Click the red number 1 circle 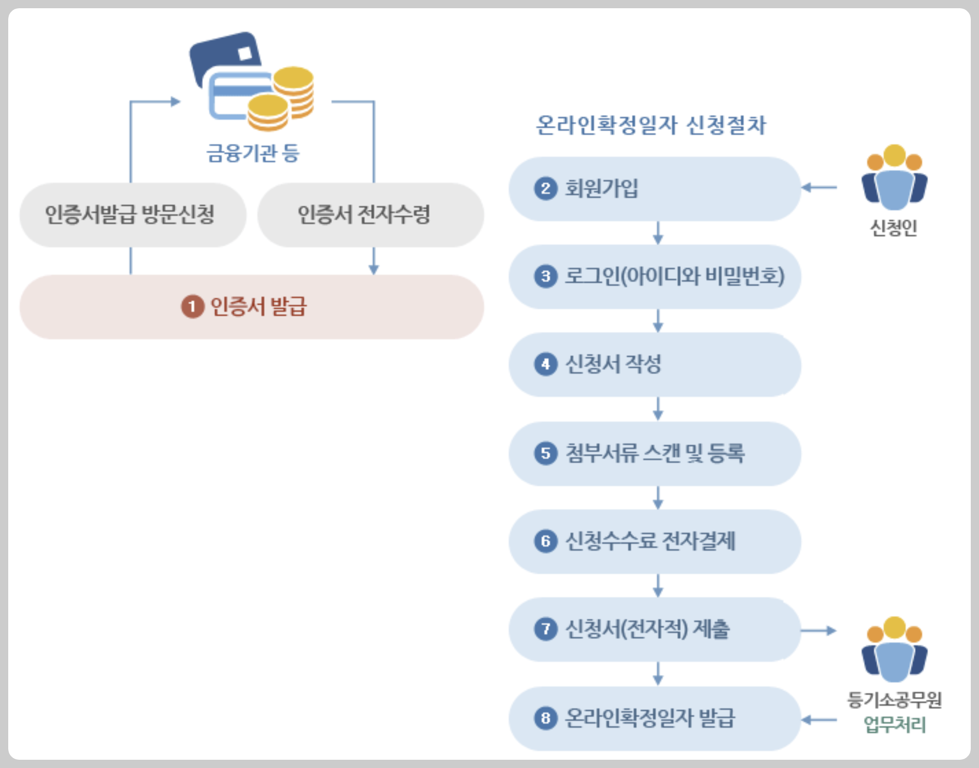pos(193,307)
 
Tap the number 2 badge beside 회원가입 pos(546,189)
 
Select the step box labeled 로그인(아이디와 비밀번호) pos(654,277)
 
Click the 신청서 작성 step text pos(613,365)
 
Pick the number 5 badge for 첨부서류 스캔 pos(546,453)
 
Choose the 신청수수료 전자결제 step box pos(654,542)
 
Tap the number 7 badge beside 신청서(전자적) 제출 pos(546,629)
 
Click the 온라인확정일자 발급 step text pos(649,718)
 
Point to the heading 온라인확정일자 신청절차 pos(650,126)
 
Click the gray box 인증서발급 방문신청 pos(132,215)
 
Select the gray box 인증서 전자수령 pos(370,215)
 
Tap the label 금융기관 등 pos(253,153)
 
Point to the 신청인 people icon pos(894,178)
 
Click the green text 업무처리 pos(894,725)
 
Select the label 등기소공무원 pos(894,700)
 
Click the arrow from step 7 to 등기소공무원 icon pos(819,631)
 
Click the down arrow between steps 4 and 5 pos(658,409)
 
